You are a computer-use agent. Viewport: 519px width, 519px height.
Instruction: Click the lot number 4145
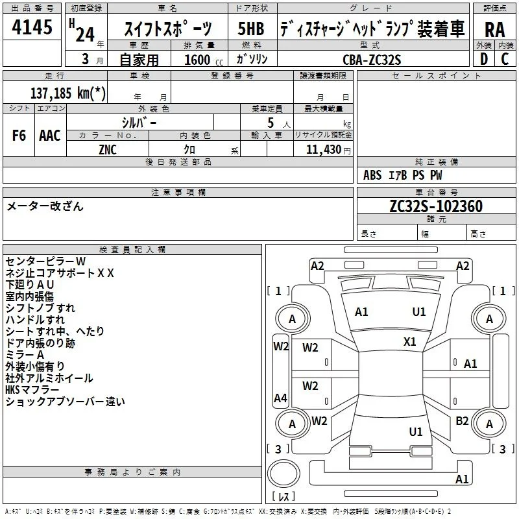click(32, 27)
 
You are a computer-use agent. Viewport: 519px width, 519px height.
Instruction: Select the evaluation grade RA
click(494, 30)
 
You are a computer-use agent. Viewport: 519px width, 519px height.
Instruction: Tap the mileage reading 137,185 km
click(68, 93)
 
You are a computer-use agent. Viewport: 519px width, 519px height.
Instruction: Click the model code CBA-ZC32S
click(372, 60)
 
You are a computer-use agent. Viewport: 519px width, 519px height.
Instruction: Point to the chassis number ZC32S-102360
click(436, 206)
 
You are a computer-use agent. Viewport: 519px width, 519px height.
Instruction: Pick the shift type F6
click(19, 136)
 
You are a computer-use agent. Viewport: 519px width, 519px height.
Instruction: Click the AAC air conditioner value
click(50, 136)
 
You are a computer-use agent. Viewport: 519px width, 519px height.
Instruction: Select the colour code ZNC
click(108, 150)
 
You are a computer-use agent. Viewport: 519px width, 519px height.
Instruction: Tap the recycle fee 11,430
click(323, 150)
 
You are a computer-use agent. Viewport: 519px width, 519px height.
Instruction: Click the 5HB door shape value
click(251, 29)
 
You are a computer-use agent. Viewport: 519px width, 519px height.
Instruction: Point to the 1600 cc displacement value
click(204, 60)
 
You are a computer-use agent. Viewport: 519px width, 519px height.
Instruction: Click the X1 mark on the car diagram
click(409, 342)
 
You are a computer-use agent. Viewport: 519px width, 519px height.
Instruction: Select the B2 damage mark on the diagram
click(462, 421)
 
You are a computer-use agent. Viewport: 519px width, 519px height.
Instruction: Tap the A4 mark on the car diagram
click(280, 398)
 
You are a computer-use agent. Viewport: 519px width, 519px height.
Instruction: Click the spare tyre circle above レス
click(284, 474)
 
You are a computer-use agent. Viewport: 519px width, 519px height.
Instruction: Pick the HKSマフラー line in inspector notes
click(32, 390)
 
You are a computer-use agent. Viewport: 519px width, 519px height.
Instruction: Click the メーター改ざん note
click(45, 206)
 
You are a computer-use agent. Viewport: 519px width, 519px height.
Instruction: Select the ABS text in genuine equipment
click(372, 175)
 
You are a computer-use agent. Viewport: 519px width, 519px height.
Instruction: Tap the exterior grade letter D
click(484, 59)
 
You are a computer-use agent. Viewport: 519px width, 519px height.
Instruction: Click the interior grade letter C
click(505, 59)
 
